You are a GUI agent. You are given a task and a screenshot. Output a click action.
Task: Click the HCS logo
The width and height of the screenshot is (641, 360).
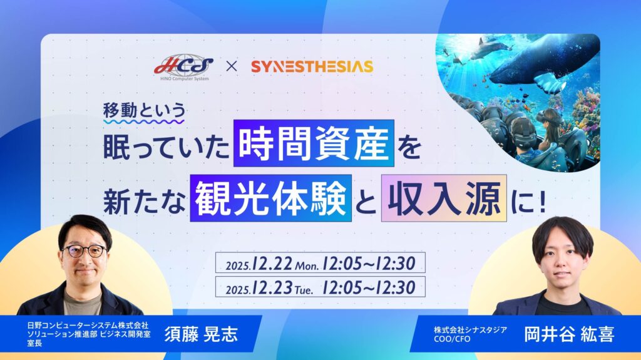click(x=183, y=67)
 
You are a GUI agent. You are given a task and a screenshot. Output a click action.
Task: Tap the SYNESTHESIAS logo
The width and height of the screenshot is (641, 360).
click(x=312, y=66)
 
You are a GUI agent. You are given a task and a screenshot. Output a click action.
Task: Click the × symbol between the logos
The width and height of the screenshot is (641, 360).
click(x=232, y=66)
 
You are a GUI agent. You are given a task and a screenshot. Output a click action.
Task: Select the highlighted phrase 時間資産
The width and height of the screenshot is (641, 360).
click(x=314, y=143)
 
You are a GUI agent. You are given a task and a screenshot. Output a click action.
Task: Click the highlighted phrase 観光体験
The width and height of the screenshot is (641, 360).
click(x=270, y=198)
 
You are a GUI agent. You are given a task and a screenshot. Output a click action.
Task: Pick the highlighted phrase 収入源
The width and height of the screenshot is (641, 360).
click(x=444, y=198)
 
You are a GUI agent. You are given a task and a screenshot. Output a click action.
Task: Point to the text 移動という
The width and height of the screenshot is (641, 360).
click(x=144, y=110)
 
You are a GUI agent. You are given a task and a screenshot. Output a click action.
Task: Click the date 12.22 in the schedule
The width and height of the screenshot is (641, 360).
click(x=272, y=263)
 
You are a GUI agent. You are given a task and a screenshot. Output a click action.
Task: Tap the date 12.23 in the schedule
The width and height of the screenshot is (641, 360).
click(x=272, y=287)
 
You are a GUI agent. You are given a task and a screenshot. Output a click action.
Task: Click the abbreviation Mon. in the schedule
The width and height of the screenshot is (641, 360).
click(x=307, y=265)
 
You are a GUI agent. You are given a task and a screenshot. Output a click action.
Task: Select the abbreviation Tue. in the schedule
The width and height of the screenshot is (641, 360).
click(x=304, y=290)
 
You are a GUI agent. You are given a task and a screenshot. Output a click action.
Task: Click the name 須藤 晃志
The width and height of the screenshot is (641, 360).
click(x=201, y=334)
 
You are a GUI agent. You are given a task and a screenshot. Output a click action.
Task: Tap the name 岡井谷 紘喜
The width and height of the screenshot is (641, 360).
click(x=569, y=334)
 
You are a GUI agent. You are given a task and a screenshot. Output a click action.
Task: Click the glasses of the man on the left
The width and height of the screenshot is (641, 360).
click(x=85, y=250)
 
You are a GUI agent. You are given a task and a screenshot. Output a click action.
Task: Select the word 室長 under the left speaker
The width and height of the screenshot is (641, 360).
click(x=34, y=343)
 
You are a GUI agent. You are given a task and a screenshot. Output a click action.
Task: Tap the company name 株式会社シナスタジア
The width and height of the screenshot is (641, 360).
click(x=470, y=330)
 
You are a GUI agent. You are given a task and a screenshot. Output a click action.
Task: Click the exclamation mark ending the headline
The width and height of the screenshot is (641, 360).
click(x=543, y=201)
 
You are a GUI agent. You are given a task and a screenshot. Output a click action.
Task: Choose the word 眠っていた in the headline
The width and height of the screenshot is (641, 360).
click(x=165, y=147)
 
